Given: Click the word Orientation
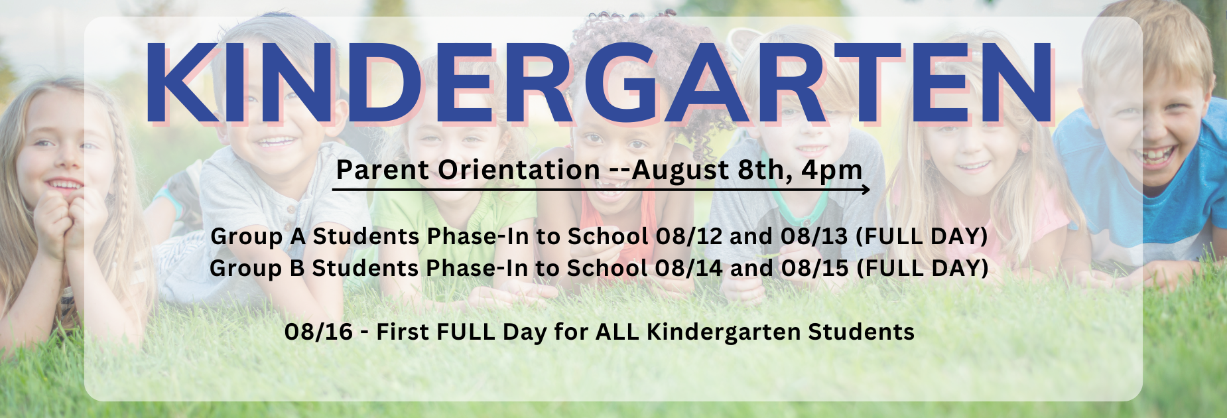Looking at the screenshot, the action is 519,170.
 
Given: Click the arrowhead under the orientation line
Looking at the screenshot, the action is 866,190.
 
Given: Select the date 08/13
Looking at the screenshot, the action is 814,236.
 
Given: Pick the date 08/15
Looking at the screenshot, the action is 815,268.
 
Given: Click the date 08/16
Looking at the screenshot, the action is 319,332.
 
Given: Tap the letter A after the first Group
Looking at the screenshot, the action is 298,236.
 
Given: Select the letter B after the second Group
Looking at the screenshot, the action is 296,268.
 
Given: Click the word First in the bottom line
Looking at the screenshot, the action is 401,332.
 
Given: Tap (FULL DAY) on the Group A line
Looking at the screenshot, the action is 922,236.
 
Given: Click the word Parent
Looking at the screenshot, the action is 383,170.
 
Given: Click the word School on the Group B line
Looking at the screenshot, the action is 607,268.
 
